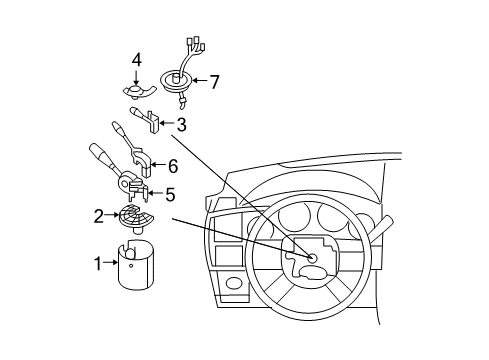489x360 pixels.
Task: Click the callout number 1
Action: [x=99, y=263]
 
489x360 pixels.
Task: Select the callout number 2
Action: [x=99, y=214]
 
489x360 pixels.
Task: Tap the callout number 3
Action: [x=181, y=125]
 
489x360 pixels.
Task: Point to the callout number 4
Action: [x=136, y=60]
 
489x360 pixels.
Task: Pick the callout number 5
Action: [x=169, y=193]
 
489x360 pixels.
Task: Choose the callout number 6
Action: [x=172, y=167]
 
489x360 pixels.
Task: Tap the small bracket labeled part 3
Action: [x=155, y=123]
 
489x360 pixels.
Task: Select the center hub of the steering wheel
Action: [x=311, y=259]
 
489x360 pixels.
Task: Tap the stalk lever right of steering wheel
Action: [x=381, y=227]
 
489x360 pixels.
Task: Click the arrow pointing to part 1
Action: [x=113, y=263]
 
